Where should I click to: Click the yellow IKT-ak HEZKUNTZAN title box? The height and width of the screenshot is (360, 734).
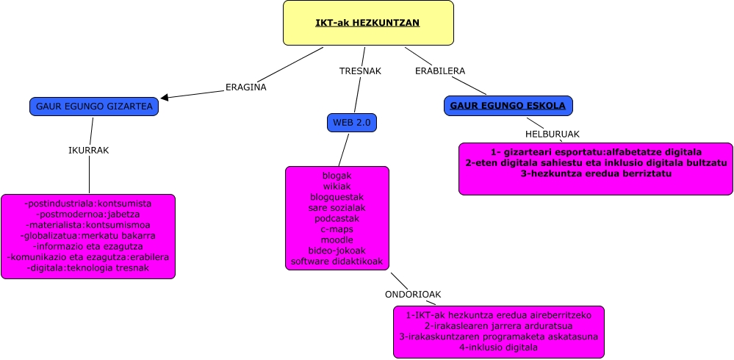pyautogui.click(x=368, y=23)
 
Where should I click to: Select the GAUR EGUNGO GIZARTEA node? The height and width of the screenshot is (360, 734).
pyautogui.click(x=94, y=107)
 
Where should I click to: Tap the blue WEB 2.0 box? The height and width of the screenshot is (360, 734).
pyautogui.click(x=351, y=123)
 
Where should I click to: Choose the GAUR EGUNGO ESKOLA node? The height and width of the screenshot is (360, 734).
pyautogui.click(x=508, y=106)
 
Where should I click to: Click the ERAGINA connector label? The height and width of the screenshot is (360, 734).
pyautogui.click(x=245, y=87)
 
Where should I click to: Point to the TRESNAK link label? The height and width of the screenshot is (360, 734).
pyautogui.click(x=359, y=71)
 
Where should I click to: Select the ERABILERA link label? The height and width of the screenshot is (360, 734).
pyautogui.click(x=440, y=71)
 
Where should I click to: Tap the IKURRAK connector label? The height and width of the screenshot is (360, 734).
pyautogui.click(x=88, y=150)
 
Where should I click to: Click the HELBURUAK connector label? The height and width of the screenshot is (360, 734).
pyautogui.click(x=552, y=134)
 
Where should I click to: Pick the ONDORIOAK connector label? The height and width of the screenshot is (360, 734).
pyautogui.click(x=413, y=295)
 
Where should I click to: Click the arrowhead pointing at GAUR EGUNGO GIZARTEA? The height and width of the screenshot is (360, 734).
pyautogui.click(x=165, y=97)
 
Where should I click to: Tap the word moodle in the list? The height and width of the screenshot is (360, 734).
pyautogui.click(x=337, y=240)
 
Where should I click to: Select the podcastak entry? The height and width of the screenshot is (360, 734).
pyautogui.click(x=337, y=219)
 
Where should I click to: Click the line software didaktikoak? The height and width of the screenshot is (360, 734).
pyautogui.click(x=337, y=262)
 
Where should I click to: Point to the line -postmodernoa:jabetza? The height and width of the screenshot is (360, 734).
pyautogui.click(x=88, y=214)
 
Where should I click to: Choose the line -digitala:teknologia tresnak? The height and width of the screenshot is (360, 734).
pyautogui.click(x=88, y=268)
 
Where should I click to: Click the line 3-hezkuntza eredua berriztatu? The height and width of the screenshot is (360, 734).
pyautogui.click(x=596, y=174)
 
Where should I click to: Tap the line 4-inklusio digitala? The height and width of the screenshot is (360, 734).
pyautogui.click(x=499, y=347)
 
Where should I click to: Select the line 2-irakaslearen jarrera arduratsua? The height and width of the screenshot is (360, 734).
pyautogui.click(x=499, y=325)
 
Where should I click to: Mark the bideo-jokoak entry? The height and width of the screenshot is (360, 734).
pyautogui.click(x=337, y=251)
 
